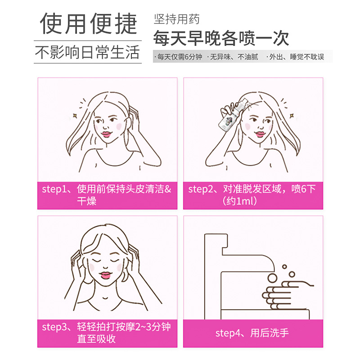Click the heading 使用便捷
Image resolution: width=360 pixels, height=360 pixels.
coord(88,23)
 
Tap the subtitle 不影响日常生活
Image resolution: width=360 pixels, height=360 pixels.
coord(87,52)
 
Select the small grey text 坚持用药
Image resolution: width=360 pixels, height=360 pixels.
coord(176,19)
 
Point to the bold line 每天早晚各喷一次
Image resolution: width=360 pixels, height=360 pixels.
coord(221,38)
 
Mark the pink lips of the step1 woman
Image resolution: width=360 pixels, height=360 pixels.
coord(106,134)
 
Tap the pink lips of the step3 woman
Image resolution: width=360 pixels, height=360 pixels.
coord(105,275)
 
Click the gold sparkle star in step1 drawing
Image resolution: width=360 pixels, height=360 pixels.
coord(75,116)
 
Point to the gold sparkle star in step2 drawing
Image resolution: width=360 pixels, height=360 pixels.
coord(292,116)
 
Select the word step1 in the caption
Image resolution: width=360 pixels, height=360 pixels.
coord(52,189)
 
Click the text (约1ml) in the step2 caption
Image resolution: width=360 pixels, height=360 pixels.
coord(239,201)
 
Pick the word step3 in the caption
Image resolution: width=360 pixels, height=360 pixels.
coord(53,327)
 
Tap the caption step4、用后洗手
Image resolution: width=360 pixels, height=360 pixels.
coord(252,333)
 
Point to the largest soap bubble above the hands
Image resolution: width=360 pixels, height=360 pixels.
coord(272,278)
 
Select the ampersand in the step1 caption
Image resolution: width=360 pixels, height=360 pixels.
coord(168,189)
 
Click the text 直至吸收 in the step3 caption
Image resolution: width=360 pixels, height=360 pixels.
coord(96,339)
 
